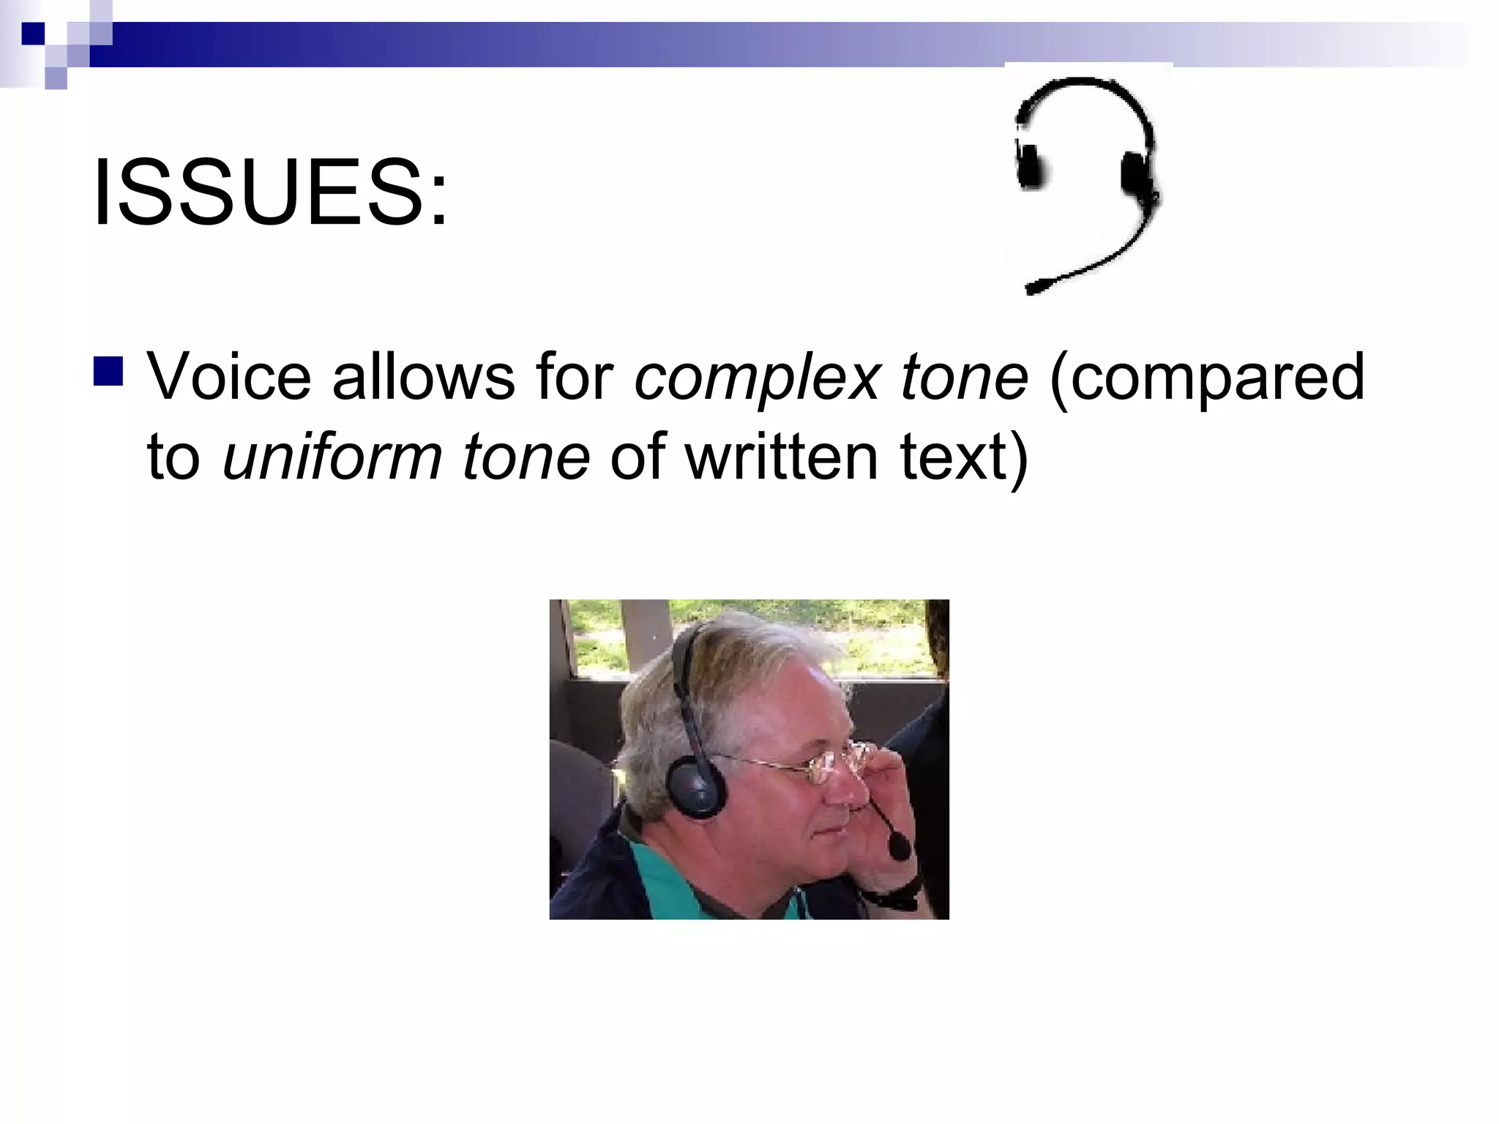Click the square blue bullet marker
pos(108,371)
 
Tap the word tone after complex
pos(965,378)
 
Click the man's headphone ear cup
pos(695,787)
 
